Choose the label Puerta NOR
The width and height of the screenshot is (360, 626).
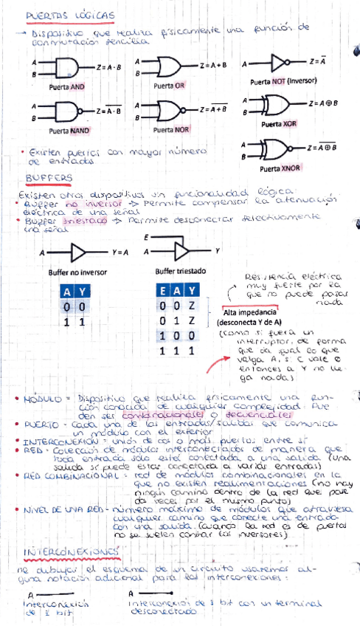170,130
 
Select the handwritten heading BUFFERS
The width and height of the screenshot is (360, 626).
49,178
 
